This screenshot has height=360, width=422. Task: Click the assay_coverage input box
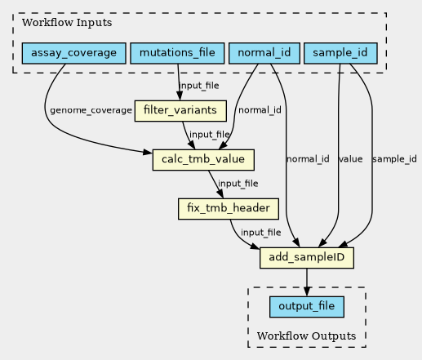73,53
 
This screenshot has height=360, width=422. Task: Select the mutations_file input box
177,53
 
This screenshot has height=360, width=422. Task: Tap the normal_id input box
264,53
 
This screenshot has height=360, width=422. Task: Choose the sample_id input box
340,53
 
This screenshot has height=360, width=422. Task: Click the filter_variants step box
180,111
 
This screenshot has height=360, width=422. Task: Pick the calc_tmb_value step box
203,160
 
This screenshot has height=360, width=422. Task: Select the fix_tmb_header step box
229,209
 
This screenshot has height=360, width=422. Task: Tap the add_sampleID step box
307,258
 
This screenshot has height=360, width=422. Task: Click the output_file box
307,307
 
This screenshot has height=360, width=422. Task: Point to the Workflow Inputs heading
67,23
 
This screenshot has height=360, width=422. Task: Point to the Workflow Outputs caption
306,336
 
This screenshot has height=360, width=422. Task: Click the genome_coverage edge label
91,110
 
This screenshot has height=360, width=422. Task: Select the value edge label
350,159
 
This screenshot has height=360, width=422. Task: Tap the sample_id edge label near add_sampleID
394,159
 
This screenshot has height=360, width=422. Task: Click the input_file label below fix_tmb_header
261,233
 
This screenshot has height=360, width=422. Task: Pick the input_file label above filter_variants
199,86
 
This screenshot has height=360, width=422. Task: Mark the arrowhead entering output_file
307,291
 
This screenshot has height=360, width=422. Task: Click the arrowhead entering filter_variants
180,96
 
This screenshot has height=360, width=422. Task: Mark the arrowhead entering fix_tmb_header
220,194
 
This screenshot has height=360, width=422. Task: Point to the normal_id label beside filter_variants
260,110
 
